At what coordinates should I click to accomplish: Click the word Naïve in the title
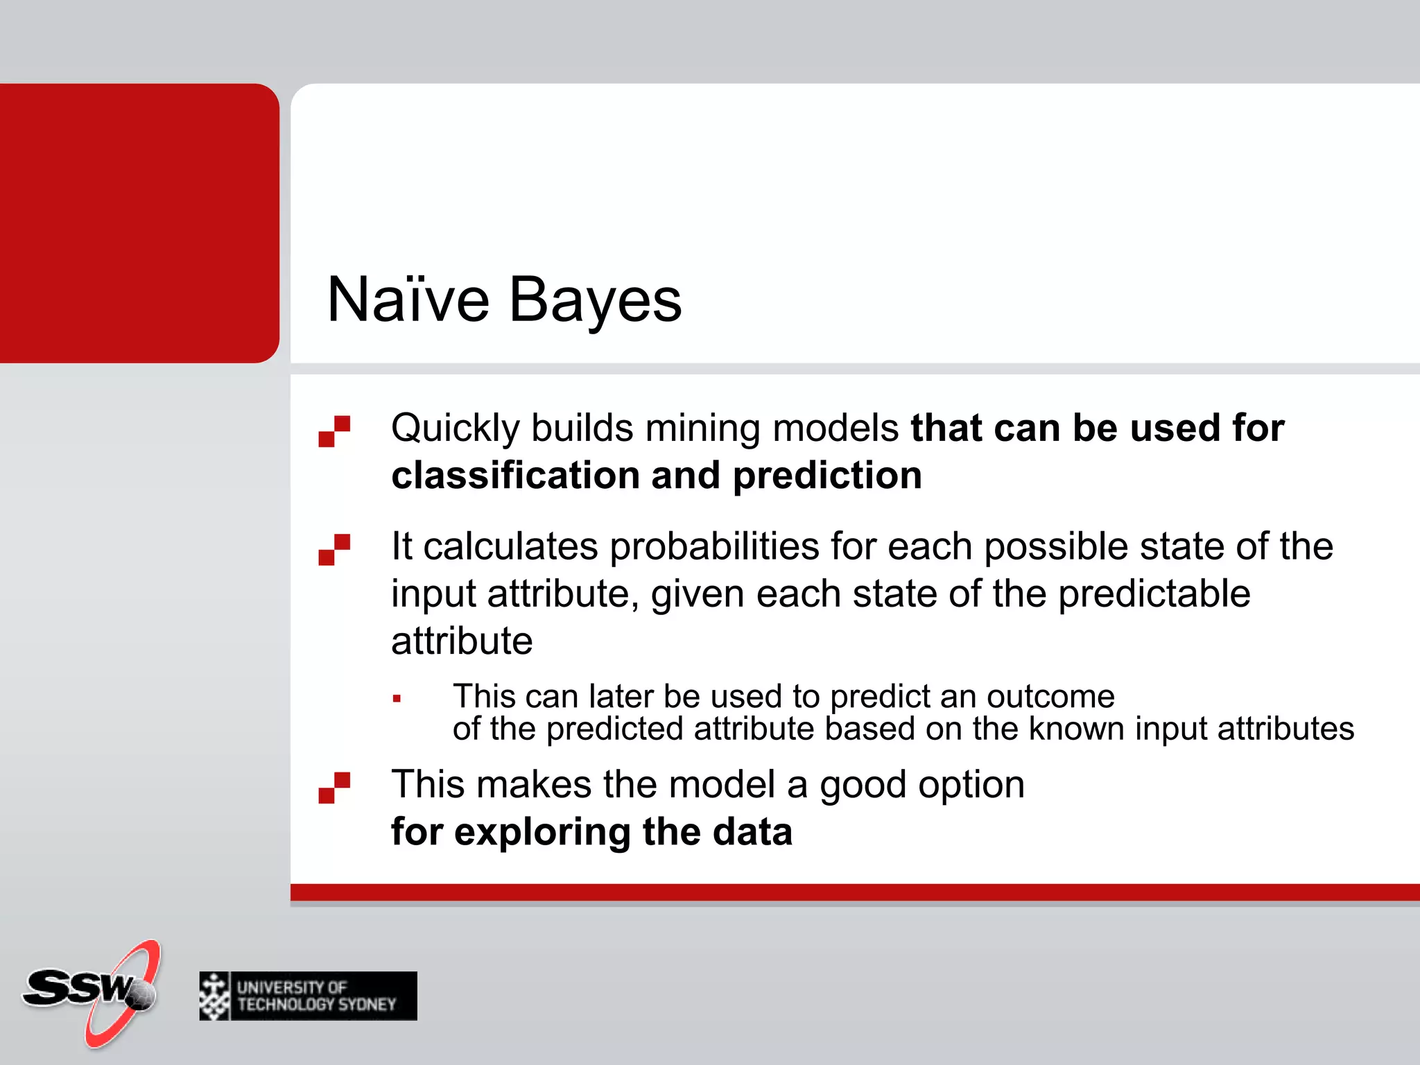pyautogui.click(x=408, y=300)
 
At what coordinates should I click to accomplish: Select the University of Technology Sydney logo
pyautogui.click(x=308, y=996)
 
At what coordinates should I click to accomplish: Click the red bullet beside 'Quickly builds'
pyautogui.click(x=334, y=431)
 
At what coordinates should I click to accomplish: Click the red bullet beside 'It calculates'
pyautogui.click(x=334, y=549)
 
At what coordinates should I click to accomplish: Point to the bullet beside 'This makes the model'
pyautogui.click(x=334, y=788)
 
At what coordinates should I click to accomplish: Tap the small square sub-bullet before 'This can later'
pyautogui.click(x=397, y=699)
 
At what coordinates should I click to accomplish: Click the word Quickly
pyautogui.click(x=455, y=428)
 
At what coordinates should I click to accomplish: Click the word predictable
pyautogui.click(x=1154, y=595)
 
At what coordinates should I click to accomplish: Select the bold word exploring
pyautogui.click(x=542, y=832)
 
